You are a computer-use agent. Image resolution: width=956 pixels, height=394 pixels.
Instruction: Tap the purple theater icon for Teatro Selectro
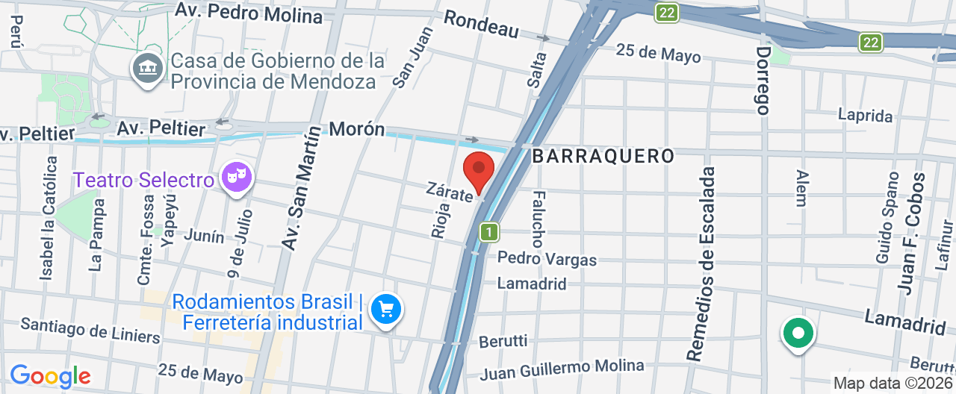237,178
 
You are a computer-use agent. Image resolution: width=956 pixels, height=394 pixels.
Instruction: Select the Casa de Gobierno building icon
147,68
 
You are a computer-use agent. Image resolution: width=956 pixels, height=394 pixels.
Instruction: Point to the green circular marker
798,333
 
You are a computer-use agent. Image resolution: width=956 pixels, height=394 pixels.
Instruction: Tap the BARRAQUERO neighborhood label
603,156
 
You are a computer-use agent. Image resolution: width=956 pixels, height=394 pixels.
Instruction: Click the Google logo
50,376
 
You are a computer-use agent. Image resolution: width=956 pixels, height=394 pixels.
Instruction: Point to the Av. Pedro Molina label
249,13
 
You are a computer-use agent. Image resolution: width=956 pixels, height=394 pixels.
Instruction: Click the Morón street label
357,129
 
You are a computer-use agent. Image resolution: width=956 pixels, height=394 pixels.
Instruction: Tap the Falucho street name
537,219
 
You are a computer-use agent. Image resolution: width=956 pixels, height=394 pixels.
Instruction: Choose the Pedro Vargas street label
547,259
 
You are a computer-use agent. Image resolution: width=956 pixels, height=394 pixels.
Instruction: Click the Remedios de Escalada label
706,264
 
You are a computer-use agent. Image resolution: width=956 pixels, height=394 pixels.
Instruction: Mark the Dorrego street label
763,81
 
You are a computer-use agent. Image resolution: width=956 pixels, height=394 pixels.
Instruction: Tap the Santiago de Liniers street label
90,330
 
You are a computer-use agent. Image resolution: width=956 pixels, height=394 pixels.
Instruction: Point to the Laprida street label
865,116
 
